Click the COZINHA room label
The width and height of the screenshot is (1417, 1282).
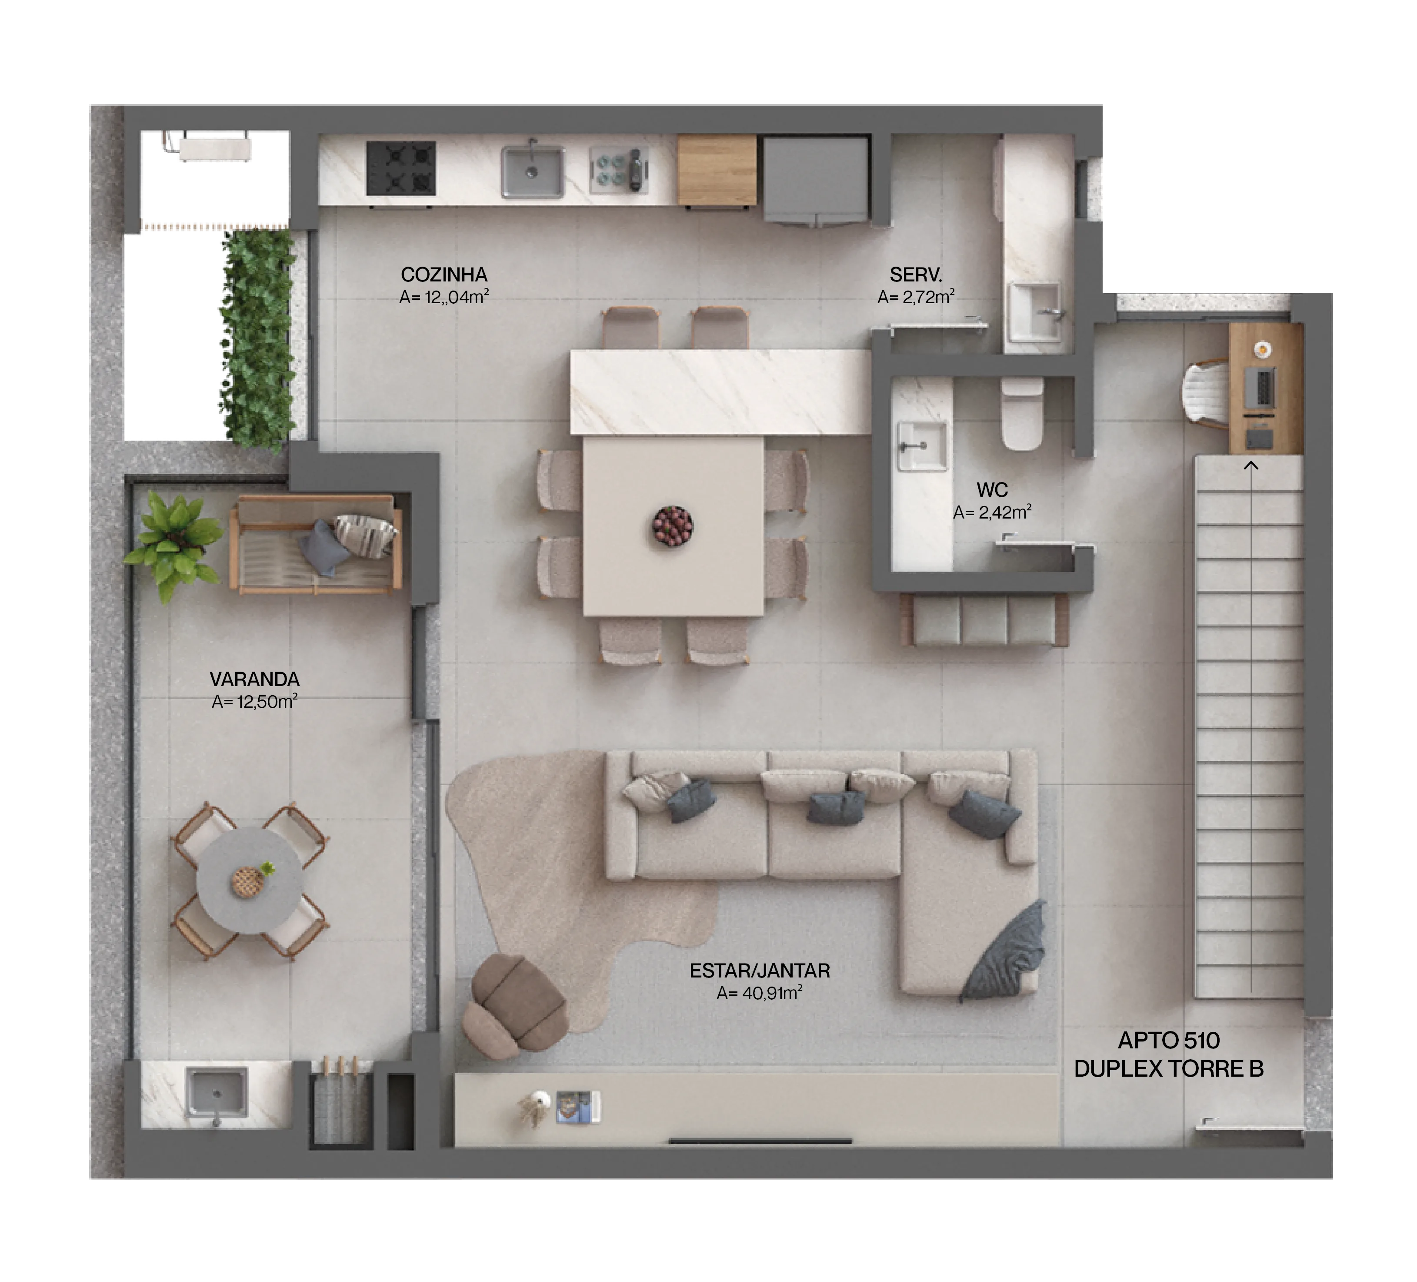point(443,274)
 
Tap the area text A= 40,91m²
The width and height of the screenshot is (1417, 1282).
point(759,993)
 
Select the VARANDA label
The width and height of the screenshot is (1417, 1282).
point(254,679)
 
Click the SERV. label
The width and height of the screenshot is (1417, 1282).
point(915,274)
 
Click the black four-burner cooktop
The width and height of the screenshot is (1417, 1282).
point(400,169)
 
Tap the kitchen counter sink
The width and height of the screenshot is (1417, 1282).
point(532,171)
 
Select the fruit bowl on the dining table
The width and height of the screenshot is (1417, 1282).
point(672,526)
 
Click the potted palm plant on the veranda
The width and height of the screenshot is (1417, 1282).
point(172,542)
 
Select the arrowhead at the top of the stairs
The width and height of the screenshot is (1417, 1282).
point(1250,465)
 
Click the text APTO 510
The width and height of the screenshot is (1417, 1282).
point(1168,1040)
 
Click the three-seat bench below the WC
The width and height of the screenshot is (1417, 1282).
point(985,619)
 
